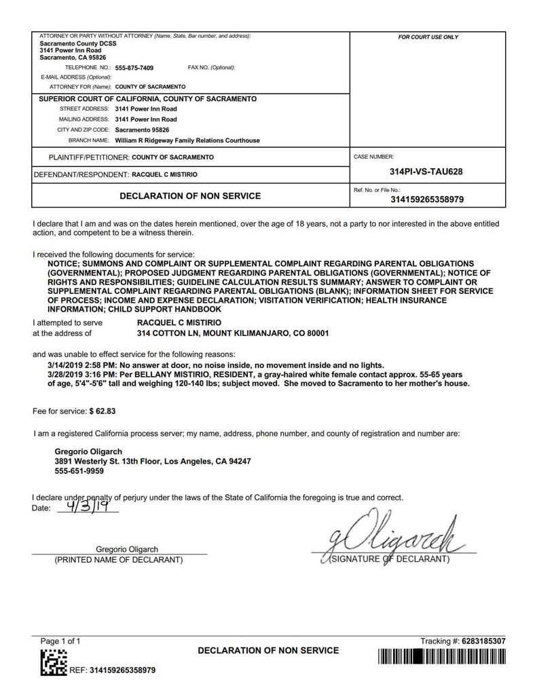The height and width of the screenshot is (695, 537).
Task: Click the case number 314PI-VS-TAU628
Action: coord(426,172)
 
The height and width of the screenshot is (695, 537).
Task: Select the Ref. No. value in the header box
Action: coord(427,200)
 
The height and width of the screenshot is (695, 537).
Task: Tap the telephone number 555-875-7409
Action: coord(134,68)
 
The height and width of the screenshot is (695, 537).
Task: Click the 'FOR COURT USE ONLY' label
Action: coord(428,37)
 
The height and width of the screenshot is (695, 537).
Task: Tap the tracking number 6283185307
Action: coord(483,641)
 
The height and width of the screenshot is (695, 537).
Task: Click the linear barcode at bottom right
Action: coord(442,657)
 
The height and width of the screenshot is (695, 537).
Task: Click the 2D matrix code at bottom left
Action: coord(54,663)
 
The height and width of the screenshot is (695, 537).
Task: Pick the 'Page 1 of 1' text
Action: coord(60,641)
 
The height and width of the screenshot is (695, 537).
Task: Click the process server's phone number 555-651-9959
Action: coord(79,471)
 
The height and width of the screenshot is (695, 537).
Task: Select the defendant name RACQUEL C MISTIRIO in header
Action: coord(164,174)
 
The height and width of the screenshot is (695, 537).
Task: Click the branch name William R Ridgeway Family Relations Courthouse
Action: coord(187,140)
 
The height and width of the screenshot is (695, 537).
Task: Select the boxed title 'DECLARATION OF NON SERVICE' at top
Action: coord(190,196)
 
